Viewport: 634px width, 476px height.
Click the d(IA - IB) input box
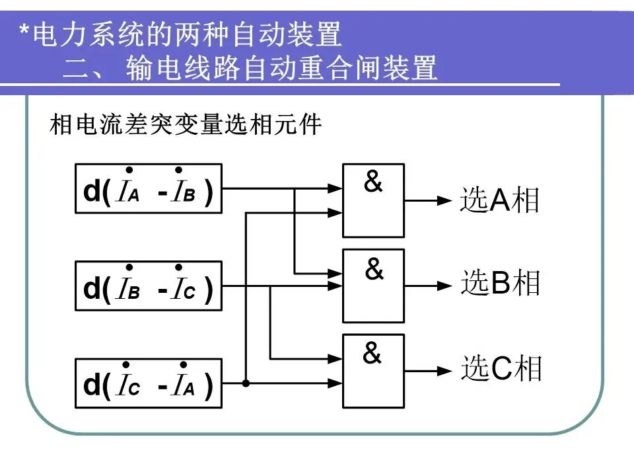click(x=149, y=188)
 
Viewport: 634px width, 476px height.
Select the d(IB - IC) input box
click(x=149, y=286)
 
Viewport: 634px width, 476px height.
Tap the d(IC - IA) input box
click(x=149, y=383)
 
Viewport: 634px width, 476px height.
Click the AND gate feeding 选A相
click(x=373, y=200)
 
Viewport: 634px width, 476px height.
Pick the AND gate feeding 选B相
click(x=373, y=286)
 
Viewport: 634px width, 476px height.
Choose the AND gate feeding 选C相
click(x=373, y=371)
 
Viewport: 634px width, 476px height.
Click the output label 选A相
click(x=500, y=200)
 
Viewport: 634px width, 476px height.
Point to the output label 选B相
click(x=501, y=284)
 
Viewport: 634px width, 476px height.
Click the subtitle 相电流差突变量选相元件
click(x=186, y=125)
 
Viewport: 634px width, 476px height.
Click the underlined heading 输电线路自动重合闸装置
click(x=281, y=69)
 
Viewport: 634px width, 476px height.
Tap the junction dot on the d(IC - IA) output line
click(x=246, y=383)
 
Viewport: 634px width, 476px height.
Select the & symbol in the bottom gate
click(x=372, y=354)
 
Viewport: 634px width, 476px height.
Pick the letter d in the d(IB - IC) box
click(x=91, y=290)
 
